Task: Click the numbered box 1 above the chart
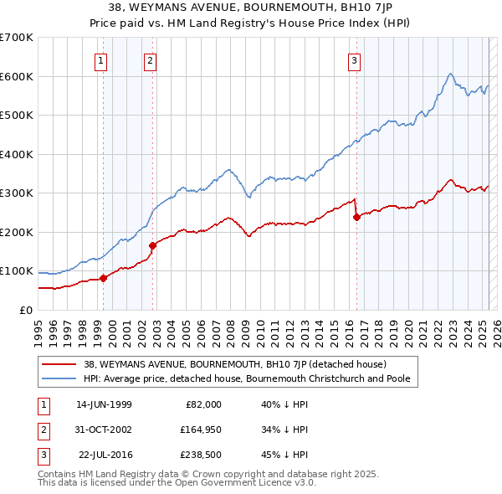click(x=100, y=59)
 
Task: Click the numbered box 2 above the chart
click(x=150, y=59)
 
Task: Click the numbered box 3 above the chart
click(x=355, y=59)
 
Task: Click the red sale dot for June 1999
click(x=104, y=278)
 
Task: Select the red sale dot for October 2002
click(x=153, y=245)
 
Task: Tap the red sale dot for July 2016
click(x=357, y=217)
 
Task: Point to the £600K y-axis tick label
click(x=17, y=76)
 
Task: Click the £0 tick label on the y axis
click(x=26, y=310)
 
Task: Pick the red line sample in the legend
click(x=59, y=364)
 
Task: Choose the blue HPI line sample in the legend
click(x=59, y=378)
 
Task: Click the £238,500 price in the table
click(x=200, y=455)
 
